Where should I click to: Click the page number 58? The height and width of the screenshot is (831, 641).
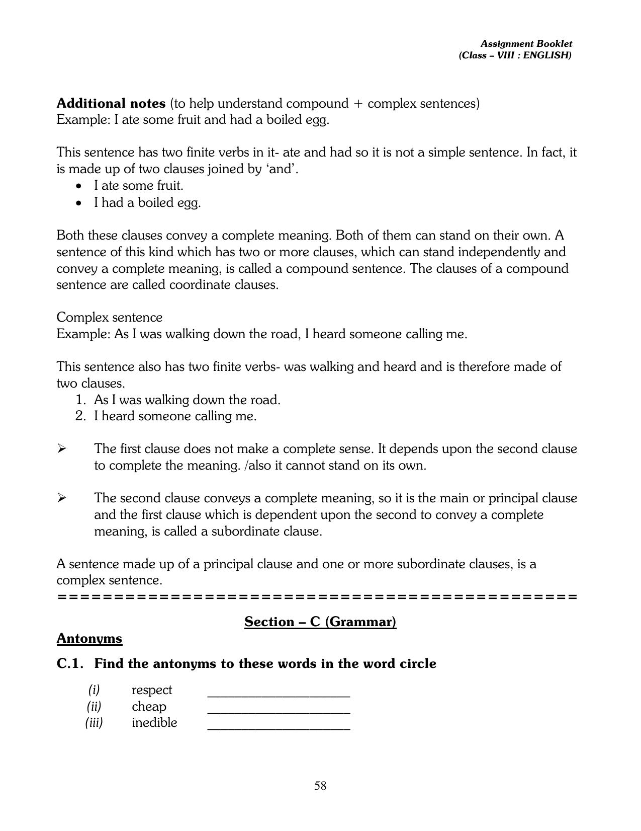coord(320,786)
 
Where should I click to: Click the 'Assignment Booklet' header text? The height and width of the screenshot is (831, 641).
coord(526,44)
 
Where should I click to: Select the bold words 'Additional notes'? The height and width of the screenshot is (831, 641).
coord(111,103)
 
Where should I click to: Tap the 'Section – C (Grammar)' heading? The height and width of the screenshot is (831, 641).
coord(320,622)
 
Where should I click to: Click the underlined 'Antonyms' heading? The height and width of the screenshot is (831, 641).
coord(89,638)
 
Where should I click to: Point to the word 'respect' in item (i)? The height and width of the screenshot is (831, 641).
coord(151,690)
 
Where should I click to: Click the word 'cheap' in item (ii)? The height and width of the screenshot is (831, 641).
coord(149,706)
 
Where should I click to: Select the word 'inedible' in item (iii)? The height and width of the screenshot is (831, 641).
coord(154,722)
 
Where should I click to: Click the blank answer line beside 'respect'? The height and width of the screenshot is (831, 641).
coord(279,695)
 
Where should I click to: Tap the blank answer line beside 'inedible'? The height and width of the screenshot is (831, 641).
coord(279,728)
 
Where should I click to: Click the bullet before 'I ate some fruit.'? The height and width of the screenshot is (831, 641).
coord(78,186)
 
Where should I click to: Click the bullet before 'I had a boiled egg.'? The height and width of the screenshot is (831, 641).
coord(78,203)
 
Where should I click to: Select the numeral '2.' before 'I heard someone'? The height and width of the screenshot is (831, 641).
coord(81,416)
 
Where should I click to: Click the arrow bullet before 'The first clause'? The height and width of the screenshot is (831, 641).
coord(61,448)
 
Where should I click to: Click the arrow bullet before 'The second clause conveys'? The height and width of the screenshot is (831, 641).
coord(61,498)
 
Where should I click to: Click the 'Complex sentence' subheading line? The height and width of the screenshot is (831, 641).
coord(109,317)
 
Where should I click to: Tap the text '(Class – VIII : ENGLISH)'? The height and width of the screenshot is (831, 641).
coord(515,55)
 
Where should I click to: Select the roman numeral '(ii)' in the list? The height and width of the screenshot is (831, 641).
coord(94,706)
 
